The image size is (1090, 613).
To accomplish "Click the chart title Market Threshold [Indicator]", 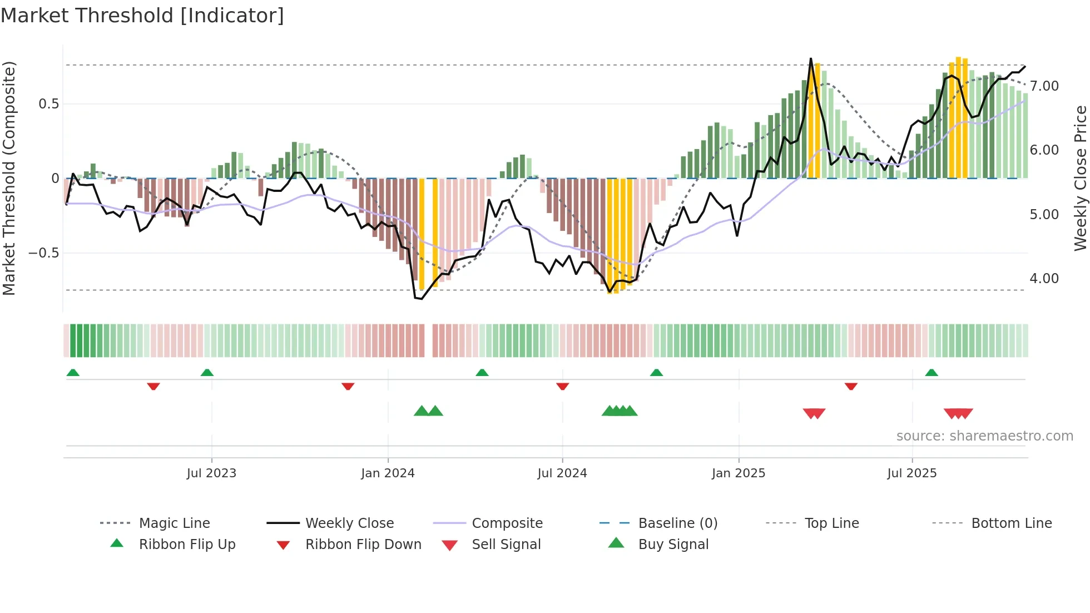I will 142,16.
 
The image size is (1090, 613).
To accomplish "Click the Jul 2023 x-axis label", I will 211,473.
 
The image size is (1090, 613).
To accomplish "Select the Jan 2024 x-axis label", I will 388,473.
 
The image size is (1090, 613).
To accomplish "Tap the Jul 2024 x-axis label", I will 562,473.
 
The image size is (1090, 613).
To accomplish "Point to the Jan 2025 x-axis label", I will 738,473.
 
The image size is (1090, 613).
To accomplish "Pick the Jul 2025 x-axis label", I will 911,473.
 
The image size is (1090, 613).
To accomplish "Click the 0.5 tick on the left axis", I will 48,104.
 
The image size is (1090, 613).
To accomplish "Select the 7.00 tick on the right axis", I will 1044,86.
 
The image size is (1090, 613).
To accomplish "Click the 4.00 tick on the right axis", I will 1044,279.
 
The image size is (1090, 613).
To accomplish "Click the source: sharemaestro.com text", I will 984,436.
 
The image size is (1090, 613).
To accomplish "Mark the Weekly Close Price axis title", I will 1080,178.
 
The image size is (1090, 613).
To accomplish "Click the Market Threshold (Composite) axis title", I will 9,178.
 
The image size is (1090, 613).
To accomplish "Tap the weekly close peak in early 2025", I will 810,59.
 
